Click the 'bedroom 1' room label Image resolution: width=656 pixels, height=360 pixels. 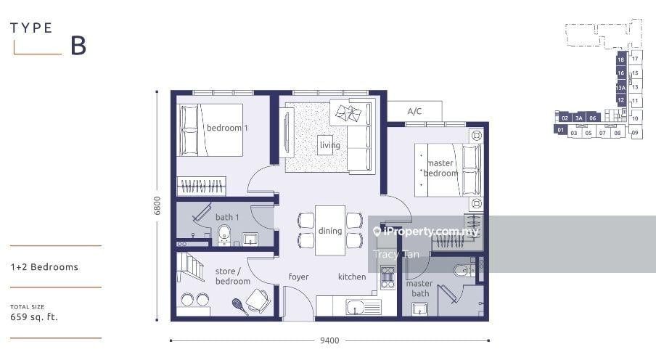pos(227,128)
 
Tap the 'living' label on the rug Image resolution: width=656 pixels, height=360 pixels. pos(329,145)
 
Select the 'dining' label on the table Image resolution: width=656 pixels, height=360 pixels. pos(330,231)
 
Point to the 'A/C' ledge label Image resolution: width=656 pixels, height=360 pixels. pos(414,111)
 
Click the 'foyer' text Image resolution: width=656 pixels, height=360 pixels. pos(298,277)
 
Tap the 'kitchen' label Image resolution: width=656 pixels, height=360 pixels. pos(352,277)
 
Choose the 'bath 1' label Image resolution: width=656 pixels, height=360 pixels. pos(227,217)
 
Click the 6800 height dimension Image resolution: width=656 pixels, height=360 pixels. pos(157,205)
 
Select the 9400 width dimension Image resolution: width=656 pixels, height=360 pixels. pos(329,340)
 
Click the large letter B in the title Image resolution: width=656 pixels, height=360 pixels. pos(78,46)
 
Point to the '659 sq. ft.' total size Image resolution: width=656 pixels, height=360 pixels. pos(34,317)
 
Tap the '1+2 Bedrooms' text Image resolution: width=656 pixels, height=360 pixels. pos(44,267)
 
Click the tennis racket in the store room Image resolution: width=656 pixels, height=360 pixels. pos(239,306)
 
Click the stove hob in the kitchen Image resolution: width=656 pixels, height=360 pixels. pos(388,277)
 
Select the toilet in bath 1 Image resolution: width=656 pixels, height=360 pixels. pos(224,235)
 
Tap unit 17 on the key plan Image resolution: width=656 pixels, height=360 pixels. pos(635,59)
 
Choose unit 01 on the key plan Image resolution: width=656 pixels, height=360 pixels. pos(561,130)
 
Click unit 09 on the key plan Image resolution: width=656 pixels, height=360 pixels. pos(635,133)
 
